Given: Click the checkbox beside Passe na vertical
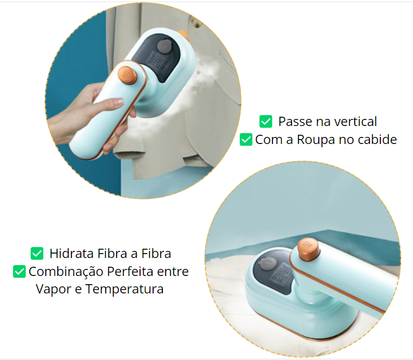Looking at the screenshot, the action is coord(266,121).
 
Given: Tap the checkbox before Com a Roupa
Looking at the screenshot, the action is coord(246,139).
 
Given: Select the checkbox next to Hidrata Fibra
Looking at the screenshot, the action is coord(37,254).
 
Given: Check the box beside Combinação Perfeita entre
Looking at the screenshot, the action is coord(19,272).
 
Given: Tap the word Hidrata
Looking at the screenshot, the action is coord(71,254).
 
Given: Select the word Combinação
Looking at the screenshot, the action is coord(66,272).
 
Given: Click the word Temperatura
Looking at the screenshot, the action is coord(124,289).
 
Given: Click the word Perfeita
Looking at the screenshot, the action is coord(130,272).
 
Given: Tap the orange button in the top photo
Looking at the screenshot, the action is coord(127,75).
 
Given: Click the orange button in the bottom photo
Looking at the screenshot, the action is coord(309,249).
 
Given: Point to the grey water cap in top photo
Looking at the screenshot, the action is coord(165,47).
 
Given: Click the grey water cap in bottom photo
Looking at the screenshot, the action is coord(268,264).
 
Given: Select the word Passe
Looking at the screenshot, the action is coord(295,122).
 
